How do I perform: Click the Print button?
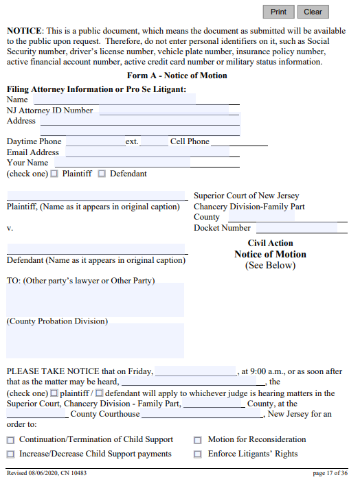tap(278, 12)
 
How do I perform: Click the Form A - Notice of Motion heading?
tap(177, 76)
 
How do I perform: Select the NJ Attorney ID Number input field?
tap(165, 111)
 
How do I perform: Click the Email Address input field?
tap(147, 152)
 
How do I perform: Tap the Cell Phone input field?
tap(239, 142)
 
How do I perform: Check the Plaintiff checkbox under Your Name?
tap(55, 174)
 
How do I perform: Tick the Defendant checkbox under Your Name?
tap(102, 174)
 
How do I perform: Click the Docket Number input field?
tap(300, 228)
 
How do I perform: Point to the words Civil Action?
tap(270, 243)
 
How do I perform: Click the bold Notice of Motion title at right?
tap(270, 255)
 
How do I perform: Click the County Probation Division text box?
tap(95, 341)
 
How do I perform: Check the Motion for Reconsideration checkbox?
tap(198, 440)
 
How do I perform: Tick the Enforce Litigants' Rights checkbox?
tap(198, 454)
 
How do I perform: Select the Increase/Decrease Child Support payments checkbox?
tap(10, 454)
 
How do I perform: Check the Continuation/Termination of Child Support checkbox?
tap(10, 440)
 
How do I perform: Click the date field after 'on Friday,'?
tap(196, 371)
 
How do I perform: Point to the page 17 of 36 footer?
tap(330, 473)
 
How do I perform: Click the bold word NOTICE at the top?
tap(25, 32)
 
